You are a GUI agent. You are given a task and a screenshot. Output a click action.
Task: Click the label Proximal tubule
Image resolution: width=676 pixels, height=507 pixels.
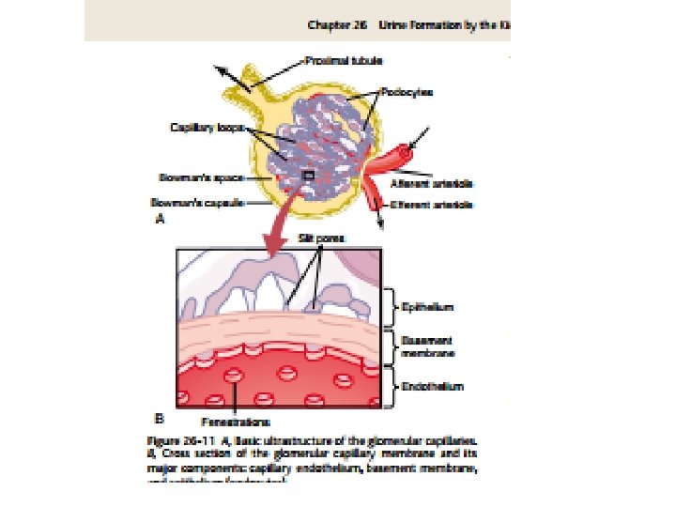[x=333, y=60]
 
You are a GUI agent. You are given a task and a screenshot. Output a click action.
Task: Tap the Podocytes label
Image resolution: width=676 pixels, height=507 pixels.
[x=407, y=92]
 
